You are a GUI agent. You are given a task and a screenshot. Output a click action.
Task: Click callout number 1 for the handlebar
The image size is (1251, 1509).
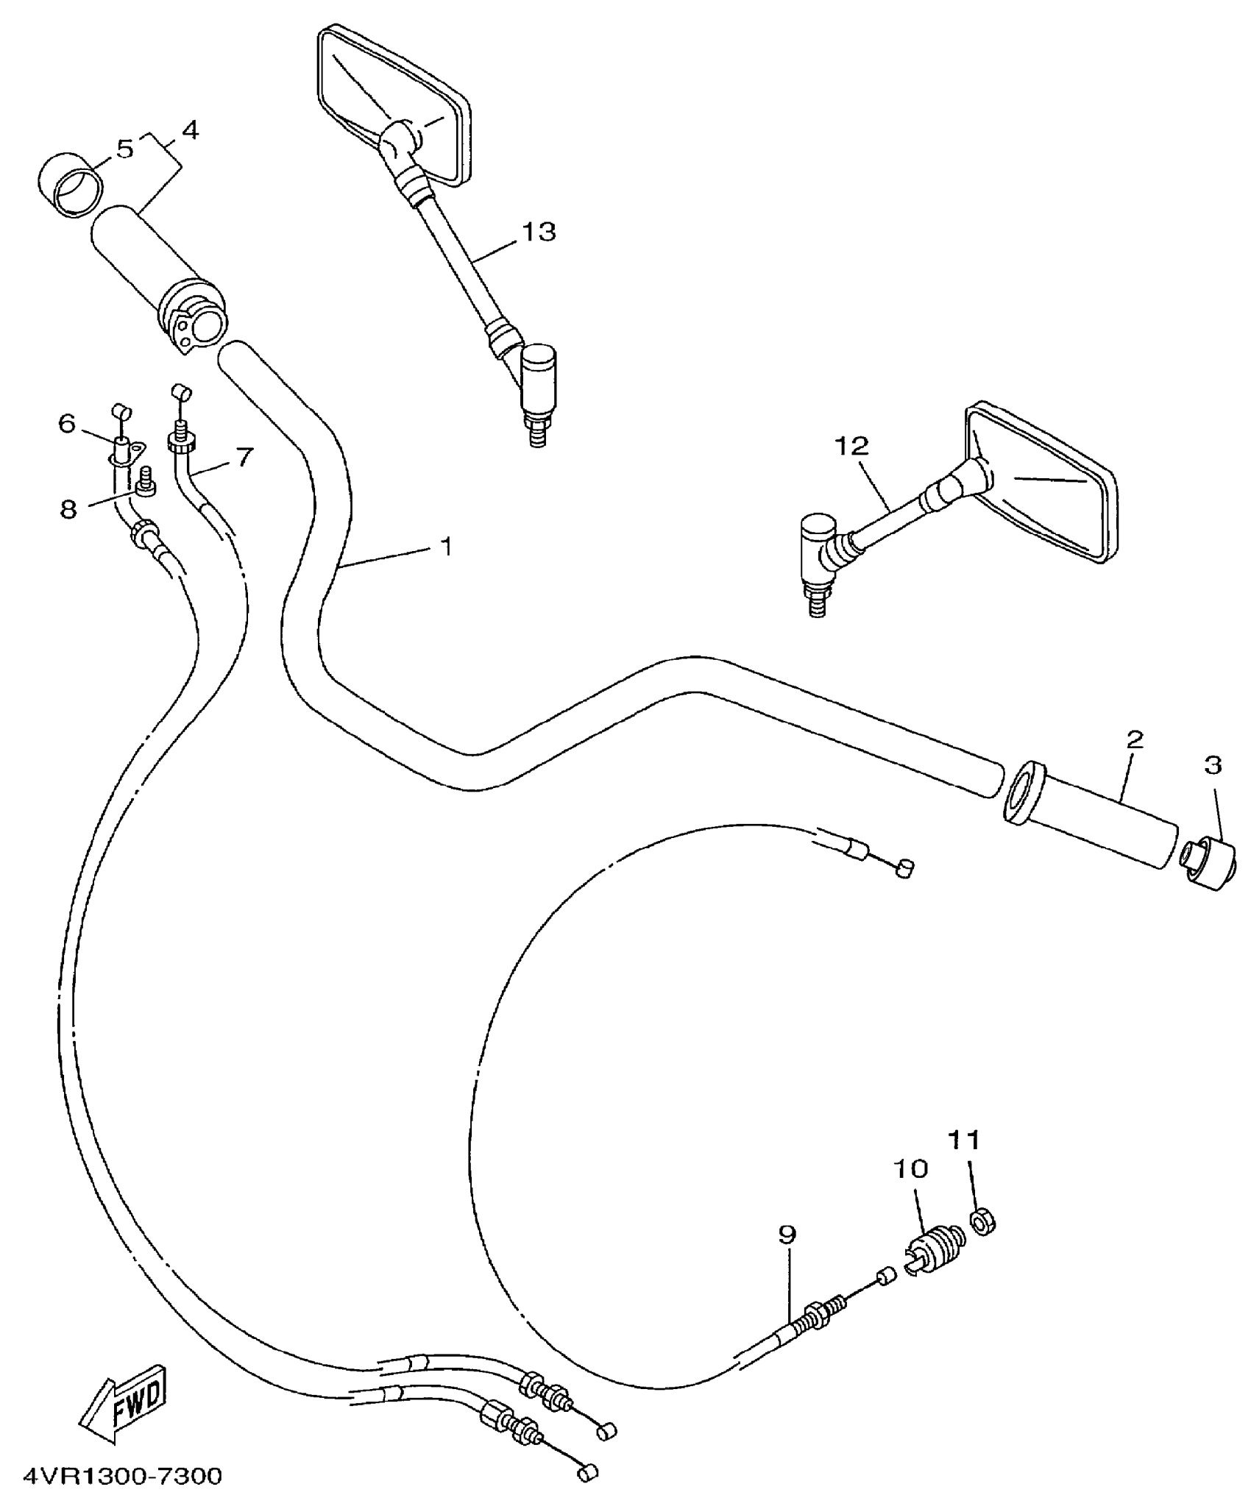pos(446,546)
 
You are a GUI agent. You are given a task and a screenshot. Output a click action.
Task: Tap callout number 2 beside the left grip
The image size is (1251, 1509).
pos(1135,739)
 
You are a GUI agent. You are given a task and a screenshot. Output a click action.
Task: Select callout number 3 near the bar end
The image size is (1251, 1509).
pos(1213,765)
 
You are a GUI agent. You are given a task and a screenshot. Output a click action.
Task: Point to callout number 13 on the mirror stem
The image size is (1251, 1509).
pos(539,232)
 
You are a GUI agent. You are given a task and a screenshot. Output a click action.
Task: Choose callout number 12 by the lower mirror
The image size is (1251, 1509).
pos(851,446)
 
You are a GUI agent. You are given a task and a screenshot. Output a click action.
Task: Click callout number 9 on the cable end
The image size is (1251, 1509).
pos(787,1235)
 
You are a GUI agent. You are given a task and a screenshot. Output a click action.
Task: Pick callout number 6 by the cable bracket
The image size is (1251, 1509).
pos(67,424)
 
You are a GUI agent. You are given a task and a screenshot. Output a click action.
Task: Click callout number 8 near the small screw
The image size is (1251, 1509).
pos(68,509)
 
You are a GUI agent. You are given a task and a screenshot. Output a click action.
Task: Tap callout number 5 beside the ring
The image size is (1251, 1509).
pos(124,149)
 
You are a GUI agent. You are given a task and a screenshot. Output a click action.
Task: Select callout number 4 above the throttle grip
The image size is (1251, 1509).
pos(189,131)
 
